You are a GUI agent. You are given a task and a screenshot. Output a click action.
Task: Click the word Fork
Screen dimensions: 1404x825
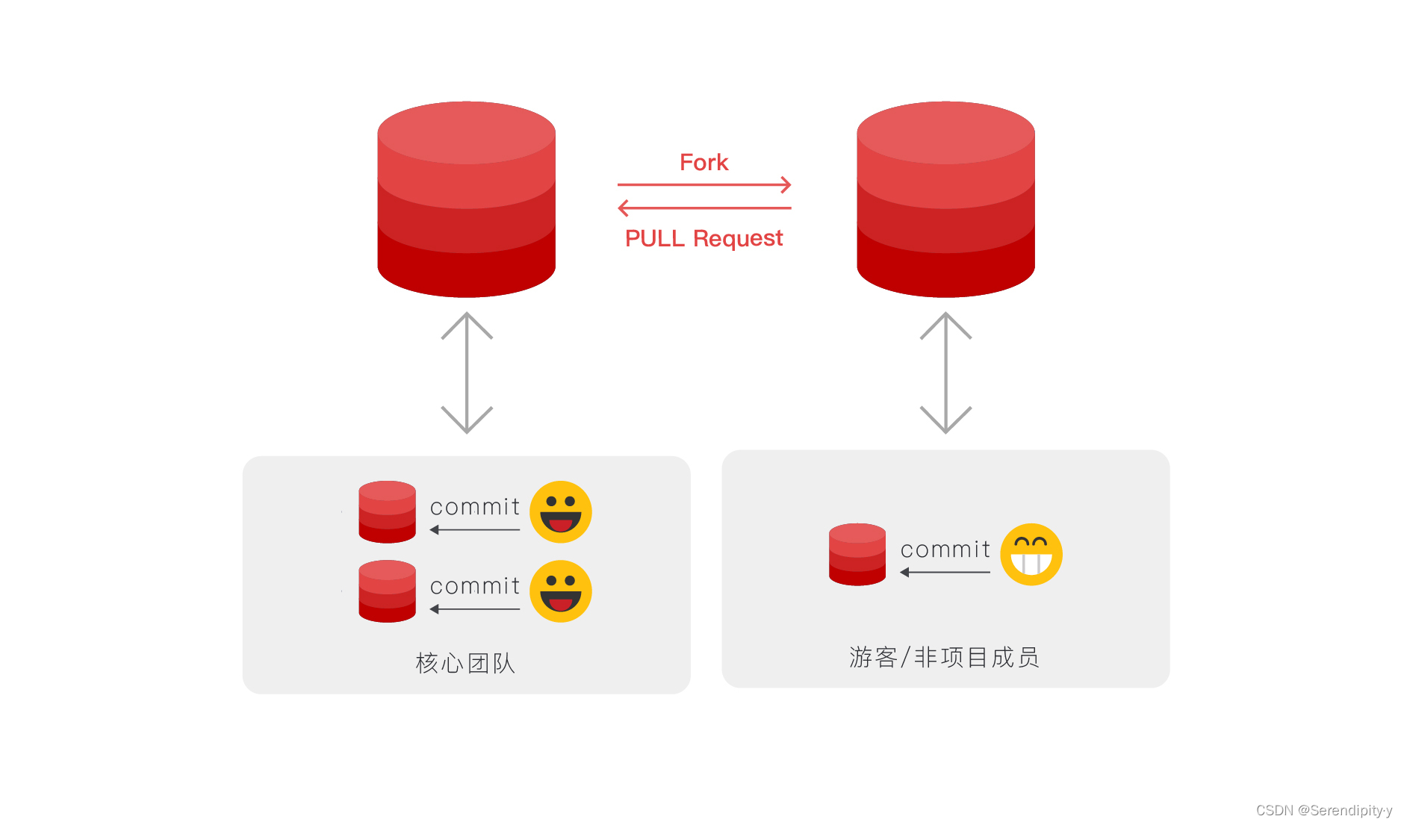(703, 162)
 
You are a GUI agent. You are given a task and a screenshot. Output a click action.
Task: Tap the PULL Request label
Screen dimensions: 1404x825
(703, 238)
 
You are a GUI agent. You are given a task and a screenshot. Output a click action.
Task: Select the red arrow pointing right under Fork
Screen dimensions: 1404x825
(703, 184)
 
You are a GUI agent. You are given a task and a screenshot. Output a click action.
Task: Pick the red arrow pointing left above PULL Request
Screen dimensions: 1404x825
(703, 208)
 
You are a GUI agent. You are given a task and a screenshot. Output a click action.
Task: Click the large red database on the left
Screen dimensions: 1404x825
(466, 199)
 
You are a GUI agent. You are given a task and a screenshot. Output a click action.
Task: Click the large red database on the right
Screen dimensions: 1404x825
(945, 199)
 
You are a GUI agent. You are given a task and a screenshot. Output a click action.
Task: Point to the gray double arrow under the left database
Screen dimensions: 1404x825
(467, 373)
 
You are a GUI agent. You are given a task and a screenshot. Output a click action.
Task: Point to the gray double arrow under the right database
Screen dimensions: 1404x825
(945, 373)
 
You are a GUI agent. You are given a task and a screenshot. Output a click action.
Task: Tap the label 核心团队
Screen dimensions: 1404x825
(465, 663)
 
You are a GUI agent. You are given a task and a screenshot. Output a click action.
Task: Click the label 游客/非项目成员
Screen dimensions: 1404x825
(944, 657)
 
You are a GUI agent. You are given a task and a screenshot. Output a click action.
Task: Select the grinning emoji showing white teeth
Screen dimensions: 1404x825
(1031, 555)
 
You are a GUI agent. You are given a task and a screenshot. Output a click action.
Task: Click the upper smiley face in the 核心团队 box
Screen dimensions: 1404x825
(561, 512)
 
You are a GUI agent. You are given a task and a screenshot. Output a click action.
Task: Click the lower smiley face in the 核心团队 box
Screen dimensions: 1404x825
(561, 591)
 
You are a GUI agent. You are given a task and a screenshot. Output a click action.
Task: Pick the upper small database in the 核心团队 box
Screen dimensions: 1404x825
(387, 512)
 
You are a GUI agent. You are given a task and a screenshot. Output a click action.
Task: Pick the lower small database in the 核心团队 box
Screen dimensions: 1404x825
(387, 591)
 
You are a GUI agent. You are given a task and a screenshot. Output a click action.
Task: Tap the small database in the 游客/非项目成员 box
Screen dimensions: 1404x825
(857, 555)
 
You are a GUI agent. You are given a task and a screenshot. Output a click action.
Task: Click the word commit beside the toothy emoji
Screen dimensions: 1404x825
(945, 550)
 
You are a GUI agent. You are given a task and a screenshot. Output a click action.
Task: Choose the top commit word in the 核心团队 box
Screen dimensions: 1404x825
(475, 507)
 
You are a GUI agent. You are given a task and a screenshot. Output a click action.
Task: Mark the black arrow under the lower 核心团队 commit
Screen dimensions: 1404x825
(475, 609)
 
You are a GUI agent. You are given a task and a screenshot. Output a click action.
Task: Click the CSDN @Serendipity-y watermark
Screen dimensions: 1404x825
(1323, 810)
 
